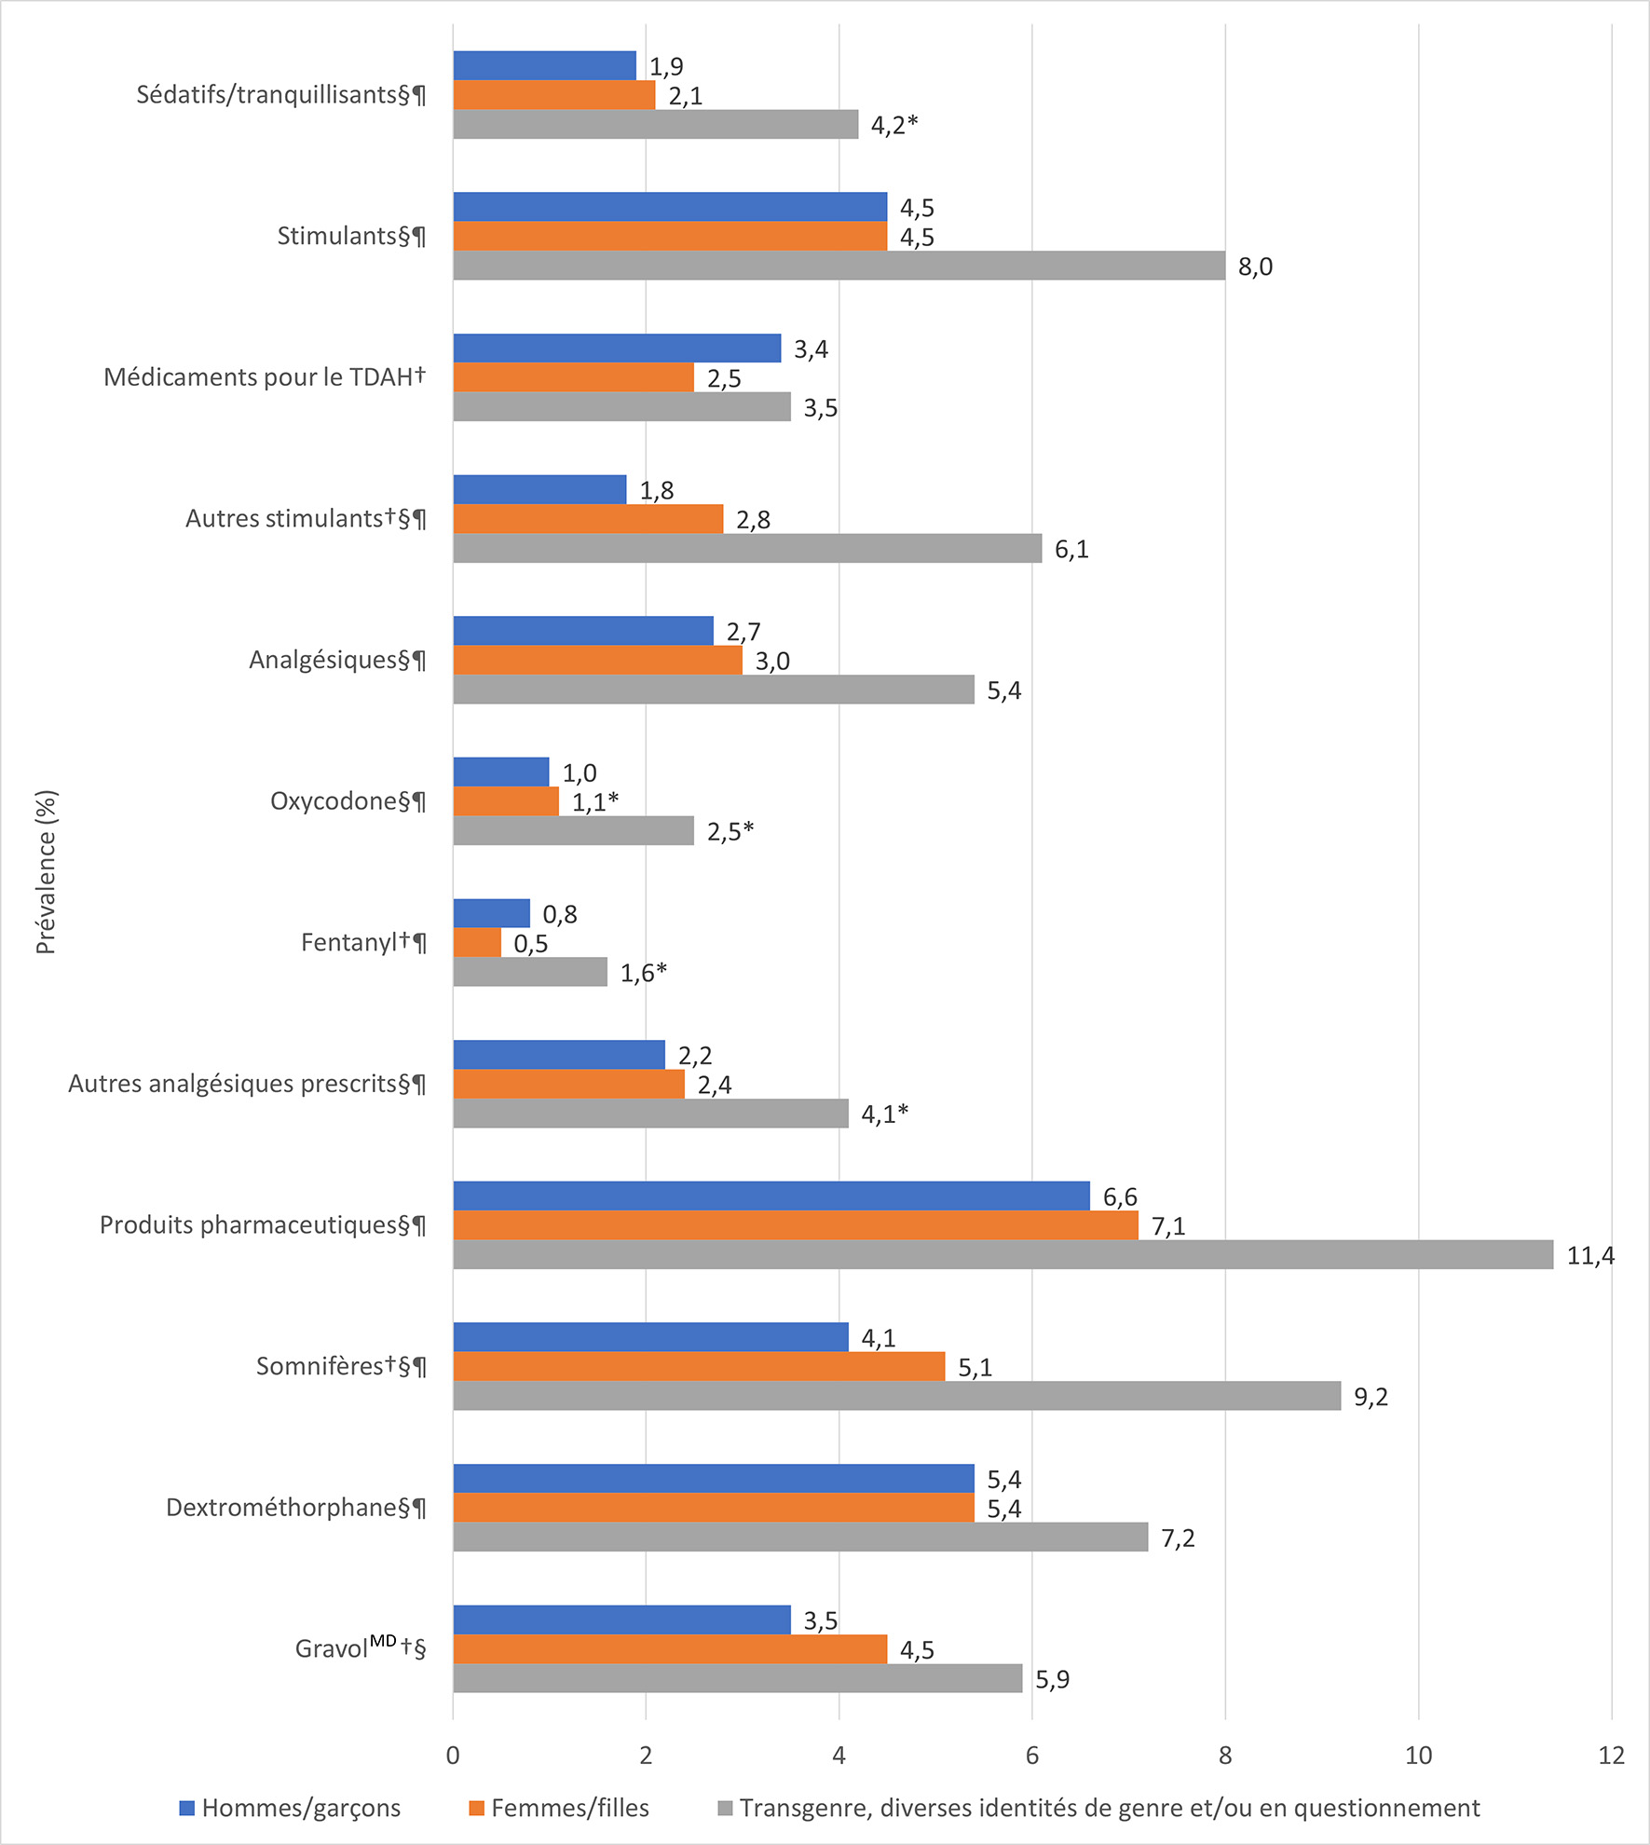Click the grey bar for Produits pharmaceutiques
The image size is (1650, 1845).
(x=1002, y=1254)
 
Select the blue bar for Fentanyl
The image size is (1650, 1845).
(x=491, y=913)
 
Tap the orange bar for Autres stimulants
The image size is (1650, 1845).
(x=588, y=519)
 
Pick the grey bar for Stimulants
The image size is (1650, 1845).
(x=839, y=266)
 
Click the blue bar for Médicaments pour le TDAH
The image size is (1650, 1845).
(x=617, y=348)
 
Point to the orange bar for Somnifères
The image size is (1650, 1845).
(x=699, y=1366)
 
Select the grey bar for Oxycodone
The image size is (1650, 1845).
(x=573, y=830)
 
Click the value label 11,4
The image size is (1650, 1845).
(x=1590, y=1256)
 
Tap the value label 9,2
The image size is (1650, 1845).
(x=1370, y=1397)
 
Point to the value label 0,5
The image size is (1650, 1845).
(x=530, y=944)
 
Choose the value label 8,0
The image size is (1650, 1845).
(x=1255, y=267)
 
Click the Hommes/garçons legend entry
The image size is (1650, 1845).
(x=291, y=1809)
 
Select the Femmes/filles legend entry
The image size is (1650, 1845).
(x=559, y=1809)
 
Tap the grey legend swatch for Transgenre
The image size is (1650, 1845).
(x=726, y=1809)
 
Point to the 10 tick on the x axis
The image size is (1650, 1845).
(x=1418, y=1756)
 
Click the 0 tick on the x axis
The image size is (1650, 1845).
(x=453, y=1756)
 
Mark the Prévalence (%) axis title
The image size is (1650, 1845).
(x=46, y=872)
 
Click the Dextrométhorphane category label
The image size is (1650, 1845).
(x=295, y=1508)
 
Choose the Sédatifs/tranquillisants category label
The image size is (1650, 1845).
(x=281, y=95)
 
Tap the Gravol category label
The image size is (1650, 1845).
(x=360, y=1648)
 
